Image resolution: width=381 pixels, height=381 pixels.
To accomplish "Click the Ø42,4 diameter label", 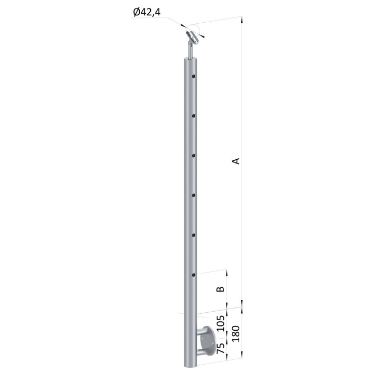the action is pos(147,12).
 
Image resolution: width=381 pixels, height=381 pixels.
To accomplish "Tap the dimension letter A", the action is pos(235,161).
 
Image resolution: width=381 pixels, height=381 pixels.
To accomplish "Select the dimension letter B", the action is pos(220,289).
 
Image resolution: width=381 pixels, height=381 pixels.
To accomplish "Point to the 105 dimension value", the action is pos(220,323).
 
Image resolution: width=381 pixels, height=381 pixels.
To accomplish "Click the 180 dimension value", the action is pos(235,333).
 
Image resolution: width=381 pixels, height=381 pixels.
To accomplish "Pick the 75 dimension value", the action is pos(220,348).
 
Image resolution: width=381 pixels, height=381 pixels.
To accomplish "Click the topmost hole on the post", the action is pos(194,76).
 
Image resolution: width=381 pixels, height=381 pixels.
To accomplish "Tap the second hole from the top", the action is pos(194,116).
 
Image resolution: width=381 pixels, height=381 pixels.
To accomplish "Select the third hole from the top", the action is pos(194,156).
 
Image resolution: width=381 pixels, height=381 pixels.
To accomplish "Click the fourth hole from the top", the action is pos(194,195).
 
